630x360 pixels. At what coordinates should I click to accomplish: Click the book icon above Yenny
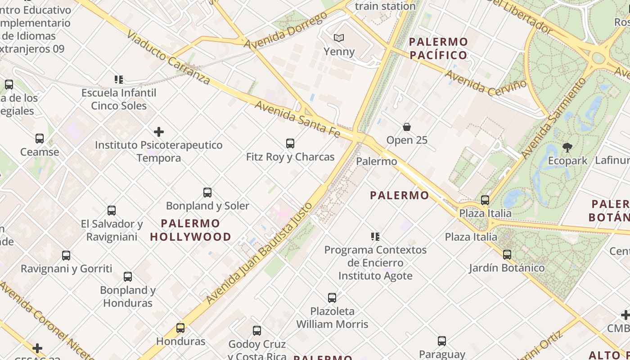pyautogui.click(x=339, y=38)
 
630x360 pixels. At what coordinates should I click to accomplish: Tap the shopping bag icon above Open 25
pyautogui.click(x=407, y=127)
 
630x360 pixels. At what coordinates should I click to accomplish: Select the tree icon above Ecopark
pyautogui.click(x=567, y=147)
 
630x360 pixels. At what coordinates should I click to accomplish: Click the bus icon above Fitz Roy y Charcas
pyautogui.click(x=290, y=144)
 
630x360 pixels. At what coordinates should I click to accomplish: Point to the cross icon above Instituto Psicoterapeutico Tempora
pyautogui.click(x=159, y=132)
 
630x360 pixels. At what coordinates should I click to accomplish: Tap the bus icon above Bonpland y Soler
pyautogui.click(x=207, y=193)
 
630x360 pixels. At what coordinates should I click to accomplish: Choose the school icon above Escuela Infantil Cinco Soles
pyautogui.click(x=119, y=80)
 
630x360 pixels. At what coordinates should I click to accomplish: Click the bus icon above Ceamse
pyautogui.click(x=40, y=139)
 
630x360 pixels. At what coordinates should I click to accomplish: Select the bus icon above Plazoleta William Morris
pyautogui.click(x=332, y=298)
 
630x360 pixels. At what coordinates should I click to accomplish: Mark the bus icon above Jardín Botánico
pyautogui.click(x=507, y=255)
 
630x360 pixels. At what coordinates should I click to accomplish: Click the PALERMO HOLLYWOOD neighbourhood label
pyautogui.click(x=190, y=230)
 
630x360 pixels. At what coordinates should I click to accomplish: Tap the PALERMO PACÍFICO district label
pyautogui.click(x=438, y=49)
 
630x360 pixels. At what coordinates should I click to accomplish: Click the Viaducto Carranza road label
pyautogui.click(x=168, y=57)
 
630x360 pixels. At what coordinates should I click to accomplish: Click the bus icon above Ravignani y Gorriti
pyautogui.click(x=66, y=256)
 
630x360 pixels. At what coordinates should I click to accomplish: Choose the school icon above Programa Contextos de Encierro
pyautogui.click(x=375, y=237)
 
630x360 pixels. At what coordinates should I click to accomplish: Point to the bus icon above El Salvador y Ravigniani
pyautogui.click(x=112, y=211)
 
